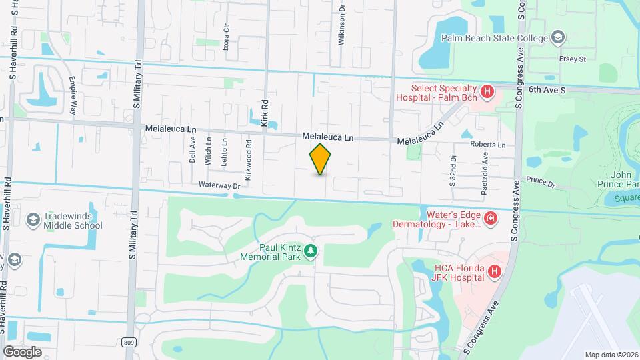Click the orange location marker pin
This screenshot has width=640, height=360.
coord(320,159)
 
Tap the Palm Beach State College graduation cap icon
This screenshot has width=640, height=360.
coord(558,37)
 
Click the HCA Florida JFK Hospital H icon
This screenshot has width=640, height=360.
coord(494,271)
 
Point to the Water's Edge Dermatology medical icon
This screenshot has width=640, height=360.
coord(491,217)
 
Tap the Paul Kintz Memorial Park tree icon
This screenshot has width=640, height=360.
coord(310,251)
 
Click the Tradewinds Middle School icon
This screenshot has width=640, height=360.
coord(32,219)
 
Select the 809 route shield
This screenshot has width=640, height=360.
coord(129,342)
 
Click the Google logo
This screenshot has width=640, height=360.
coord(22,351)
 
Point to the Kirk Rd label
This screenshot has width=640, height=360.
coord(265,113)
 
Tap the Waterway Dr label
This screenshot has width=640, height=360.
coord(218,185)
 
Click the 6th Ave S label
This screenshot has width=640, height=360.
coord(547,89)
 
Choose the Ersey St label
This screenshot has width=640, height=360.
coord(572,59)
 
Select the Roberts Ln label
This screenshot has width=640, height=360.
coord(487,145)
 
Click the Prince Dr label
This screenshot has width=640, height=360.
coord(541,181)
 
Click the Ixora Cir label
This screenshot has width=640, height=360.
coord(227,30)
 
